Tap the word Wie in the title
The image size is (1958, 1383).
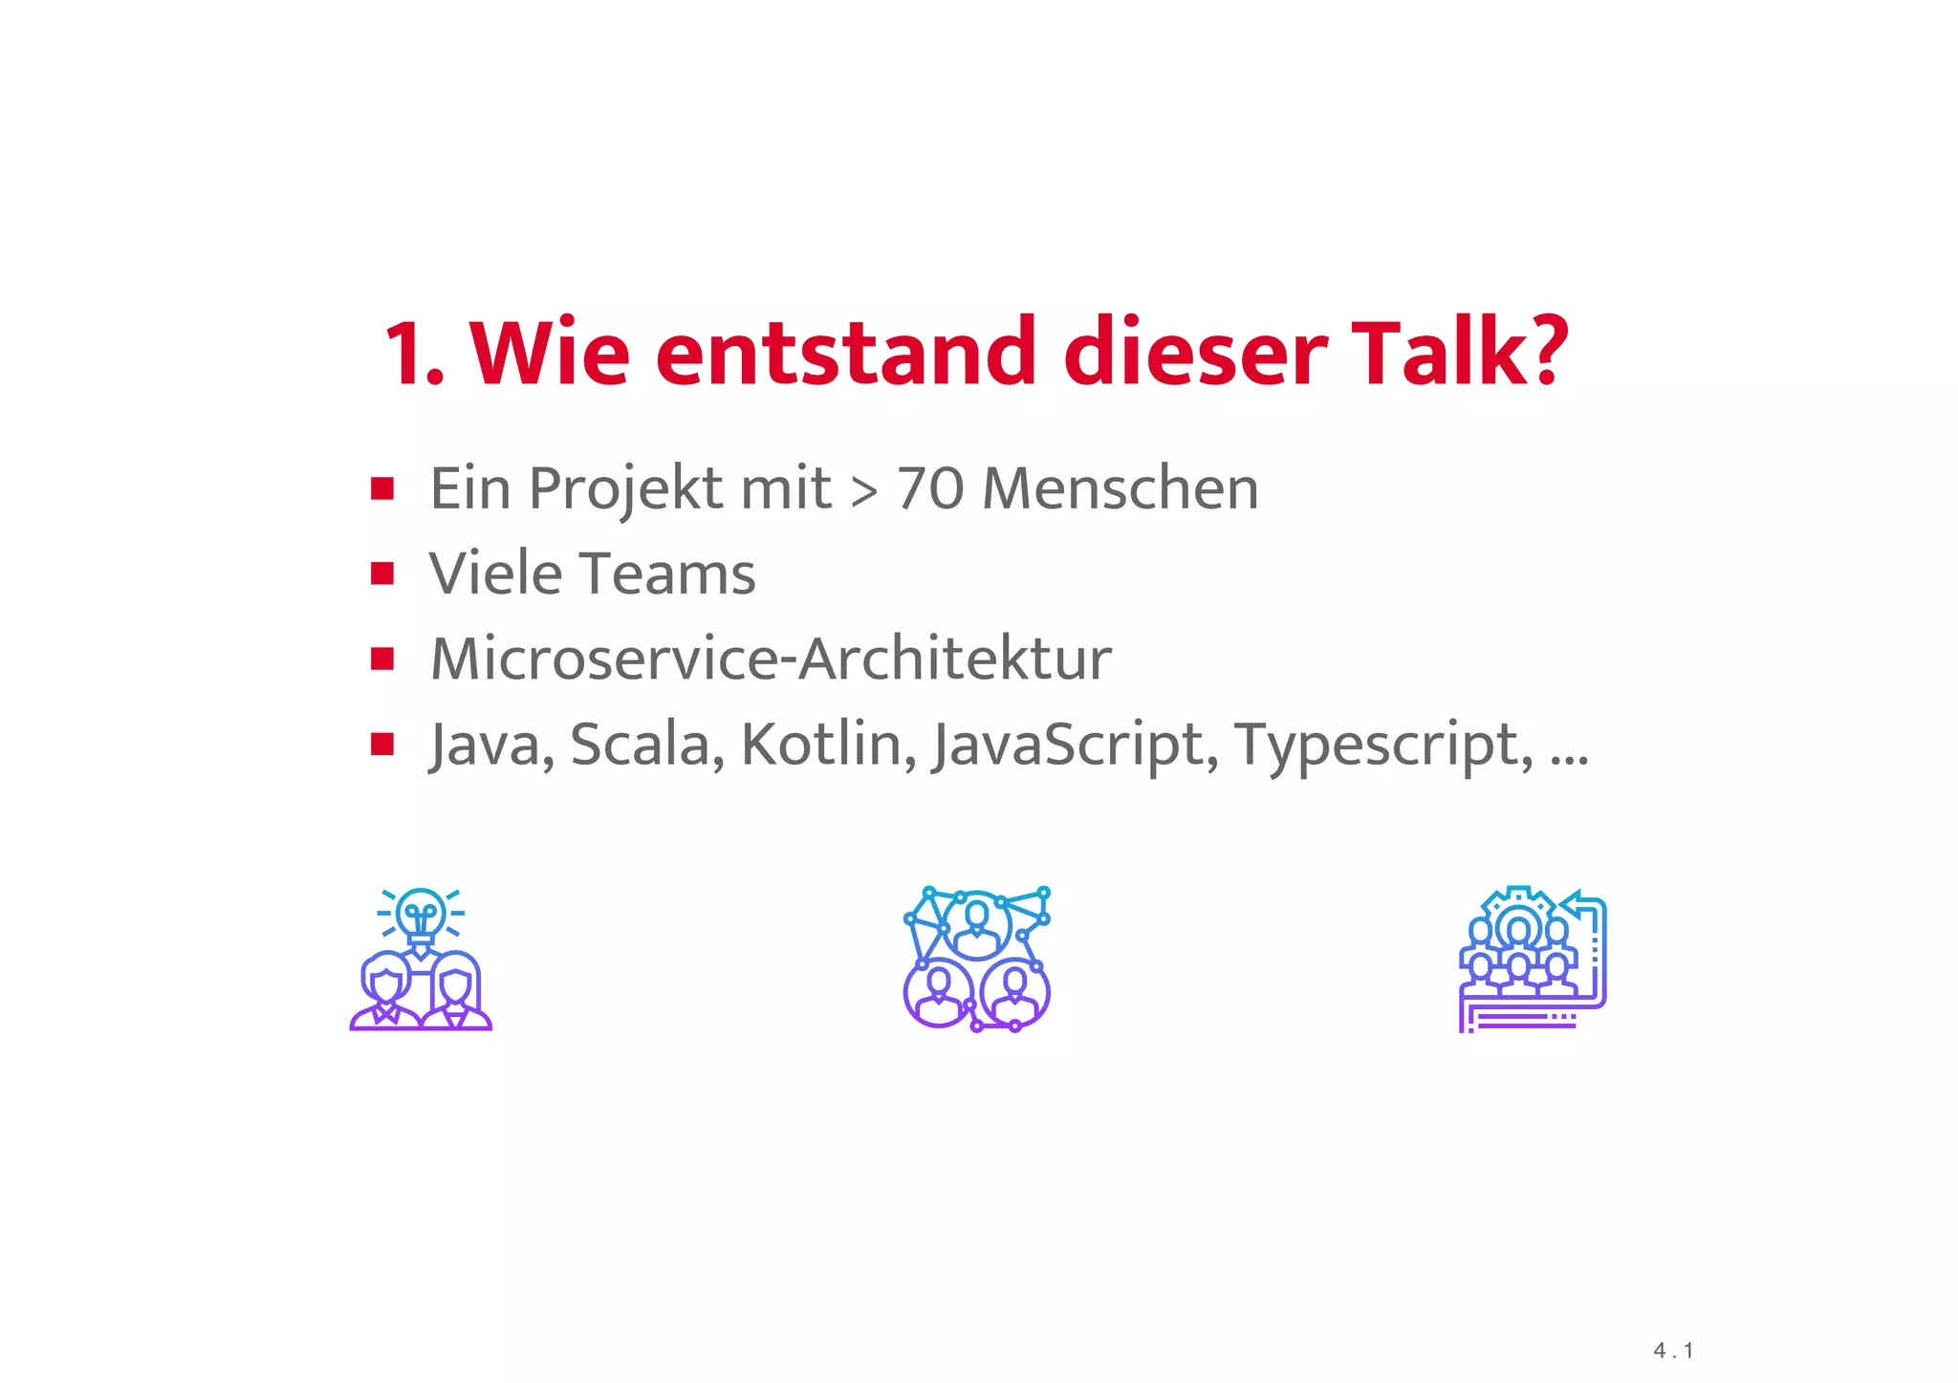pyautogui.click(x=550, y=353)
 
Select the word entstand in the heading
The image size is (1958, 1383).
pyautogui.click(x=845, y=353)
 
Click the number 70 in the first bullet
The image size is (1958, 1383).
pyautogui.click(x=929, y=488)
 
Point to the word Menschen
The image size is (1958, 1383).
pyautogui.click(x=1120, y=488)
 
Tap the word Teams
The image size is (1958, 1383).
pyautogui.click(x=668, y=573)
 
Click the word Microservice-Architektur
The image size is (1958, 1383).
pyautogui.click(x=771, y=659)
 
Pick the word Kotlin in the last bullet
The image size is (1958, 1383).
pyautogui.click(x=821, y=744)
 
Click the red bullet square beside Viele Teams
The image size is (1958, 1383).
pyautogui.click(x=382, y=573)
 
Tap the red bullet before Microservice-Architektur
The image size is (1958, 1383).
pyautogui.click(x=382, y=659)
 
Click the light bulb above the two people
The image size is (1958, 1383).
pyautogui.click(x=421, y=913)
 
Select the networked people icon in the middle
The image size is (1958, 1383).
pyautogui.click(x=977, y=959)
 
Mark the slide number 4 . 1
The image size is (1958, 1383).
pyautogui.click(x=1673, y=1351)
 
